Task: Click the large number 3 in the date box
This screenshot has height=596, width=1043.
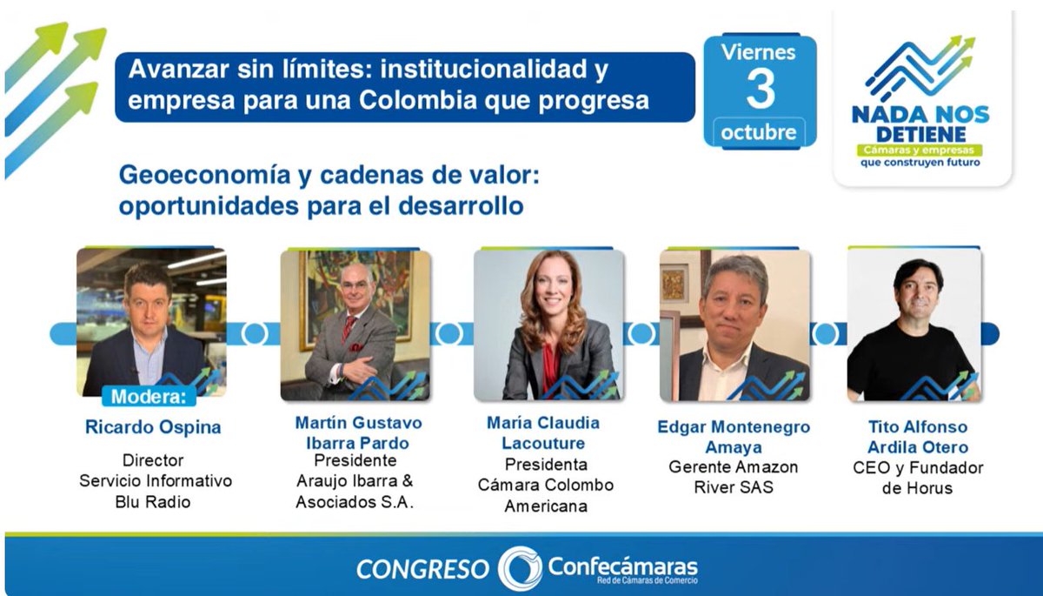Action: (x=760, y=89)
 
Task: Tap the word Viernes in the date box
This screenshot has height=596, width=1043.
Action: (x=758, y=51)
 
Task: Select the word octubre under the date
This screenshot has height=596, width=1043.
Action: (x=758, y=133)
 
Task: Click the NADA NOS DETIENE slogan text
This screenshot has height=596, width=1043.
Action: (x=920, y=123)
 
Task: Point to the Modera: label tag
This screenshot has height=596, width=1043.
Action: (x=149, y=397)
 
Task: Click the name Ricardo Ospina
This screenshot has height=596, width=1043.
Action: (x=153, y=427)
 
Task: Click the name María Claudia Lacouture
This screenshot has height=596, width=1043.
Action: (x=543, y=432)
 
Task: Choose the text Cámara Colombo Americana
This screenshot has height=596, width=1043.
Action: (x=546, y=495)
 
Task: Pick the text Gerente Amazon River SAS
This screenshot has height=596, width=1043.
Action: (x=733, y=477)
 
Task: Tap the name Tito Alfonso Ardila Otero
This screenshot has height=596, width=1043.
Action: (x=917, y=437)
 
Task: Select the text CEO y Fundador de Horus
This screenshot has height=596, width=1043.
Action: (x=917, y=478)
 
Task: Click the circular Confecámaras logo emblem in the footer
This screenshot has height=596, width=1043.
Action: (x=520, y=568)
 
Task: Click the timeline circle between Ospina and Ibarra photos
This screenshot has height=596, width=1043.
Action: (x=254, y=333)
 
